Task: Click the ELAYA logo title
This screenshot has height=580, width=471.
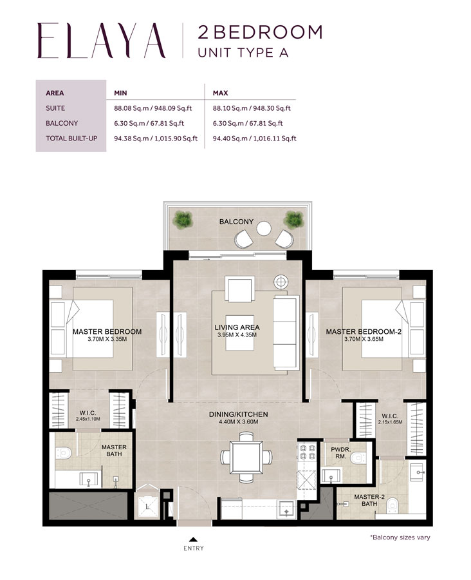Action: point(102,41)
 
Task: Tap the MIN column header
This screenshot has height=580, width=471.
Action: point(120,93)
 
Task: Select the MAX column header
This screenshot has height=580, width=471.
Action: point(221,93)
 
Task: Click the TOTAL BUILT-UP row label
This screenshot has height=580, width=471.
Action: point(71,138)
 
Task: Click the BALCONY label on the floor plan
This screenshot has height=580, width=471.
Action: point(236,221)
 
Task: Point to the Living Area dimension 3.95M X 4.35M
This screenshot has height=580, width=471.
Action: point(237,335)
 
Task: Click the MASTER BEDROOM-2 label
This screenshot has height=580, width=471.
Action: point(364,331)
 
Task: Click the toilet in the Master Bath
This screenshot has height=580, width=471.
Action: point(64,452)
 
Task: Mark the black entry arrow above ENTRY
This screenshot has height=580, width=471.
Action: point(193,539)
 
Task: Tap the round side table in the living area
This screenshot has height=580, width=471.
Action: point(281,282)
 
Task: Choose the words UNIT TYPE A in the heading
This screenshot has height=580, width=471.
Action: point(243,53)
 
